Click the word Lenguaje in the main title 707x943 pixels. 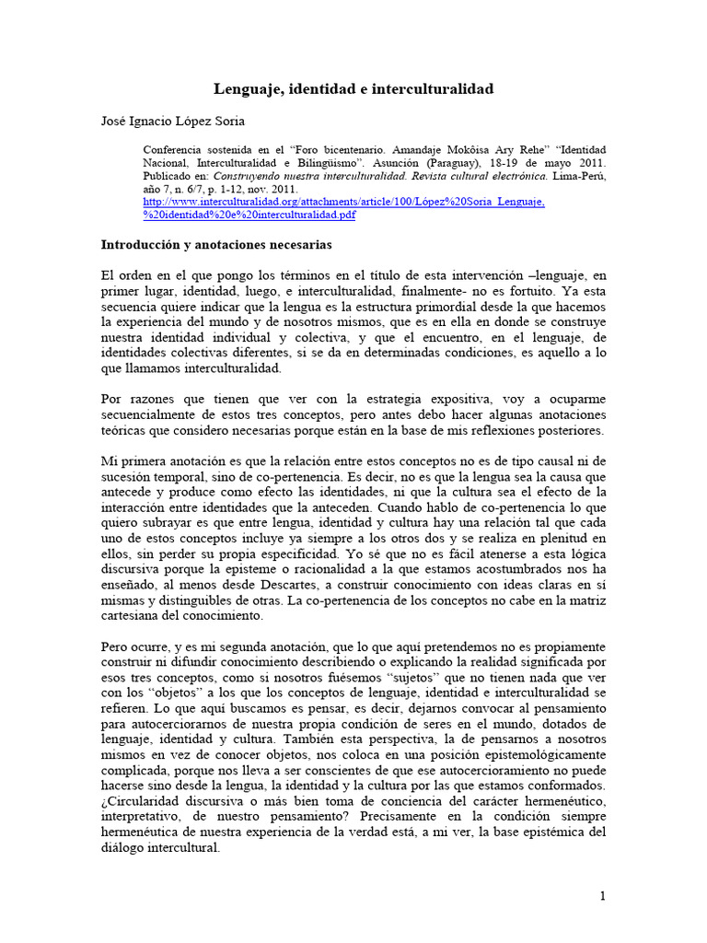point(248,89)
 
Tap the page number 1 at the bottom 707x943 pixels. point(603,895)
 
